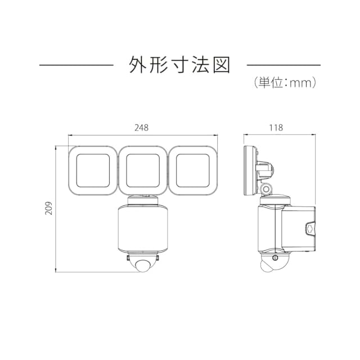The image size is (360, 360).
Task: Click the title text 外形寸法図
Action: point(180,65)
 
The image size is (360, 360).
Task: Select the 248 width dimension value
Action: point(142,128)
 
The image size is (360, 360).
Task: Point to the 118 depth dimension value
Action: point(276,128)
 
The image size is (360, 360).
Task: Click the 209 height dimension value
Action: point(48,209)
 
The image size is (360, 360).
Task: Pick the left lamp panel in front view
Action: point(92,170)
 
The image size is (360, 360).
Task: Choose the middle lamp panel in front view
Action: point(143,170)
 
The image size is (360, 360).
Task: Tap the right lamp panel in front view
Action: point(193,170)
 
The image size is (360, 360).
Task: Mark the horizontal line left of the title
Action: point(76,66)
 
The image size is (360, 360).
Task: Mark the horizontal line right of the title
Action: point(283,66)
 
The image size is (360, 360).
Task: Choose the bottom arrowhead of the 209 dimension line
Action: point(57,271)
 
